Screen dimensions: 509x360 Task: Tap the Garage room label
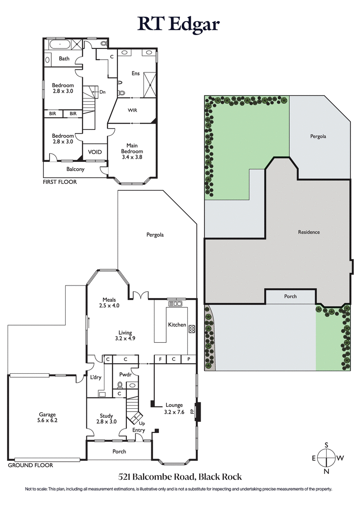pyautogui.click(x=47, y=418)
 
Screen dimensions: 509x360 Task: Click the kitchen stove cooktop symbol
pyautogui.click(x=191, y=329)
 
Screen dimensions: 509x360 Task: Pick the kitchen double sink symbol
pyautogui.click(x=175, y=304)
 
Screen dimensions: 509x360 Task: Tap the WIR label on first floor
pyautogui.click(x=132, y=110)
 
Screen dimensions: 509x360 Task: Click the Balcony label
pyautogui.click(x=76, y=170)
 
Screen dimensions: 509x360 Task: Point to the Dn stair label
pyautogui.click(x=103, y=92)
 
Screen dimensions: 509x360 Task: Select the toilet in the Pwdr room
pyautogui.click(x=120, y=385)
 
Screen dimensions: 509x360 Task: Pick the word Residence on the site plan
pyautogui.click(x=309, y=232)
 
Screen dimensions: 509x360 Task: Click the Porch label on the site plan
pyautogui.click(x=290, y=296)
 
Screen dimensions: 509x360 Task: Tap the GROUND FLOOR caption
pyautogui.click(x=30, y=465)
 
